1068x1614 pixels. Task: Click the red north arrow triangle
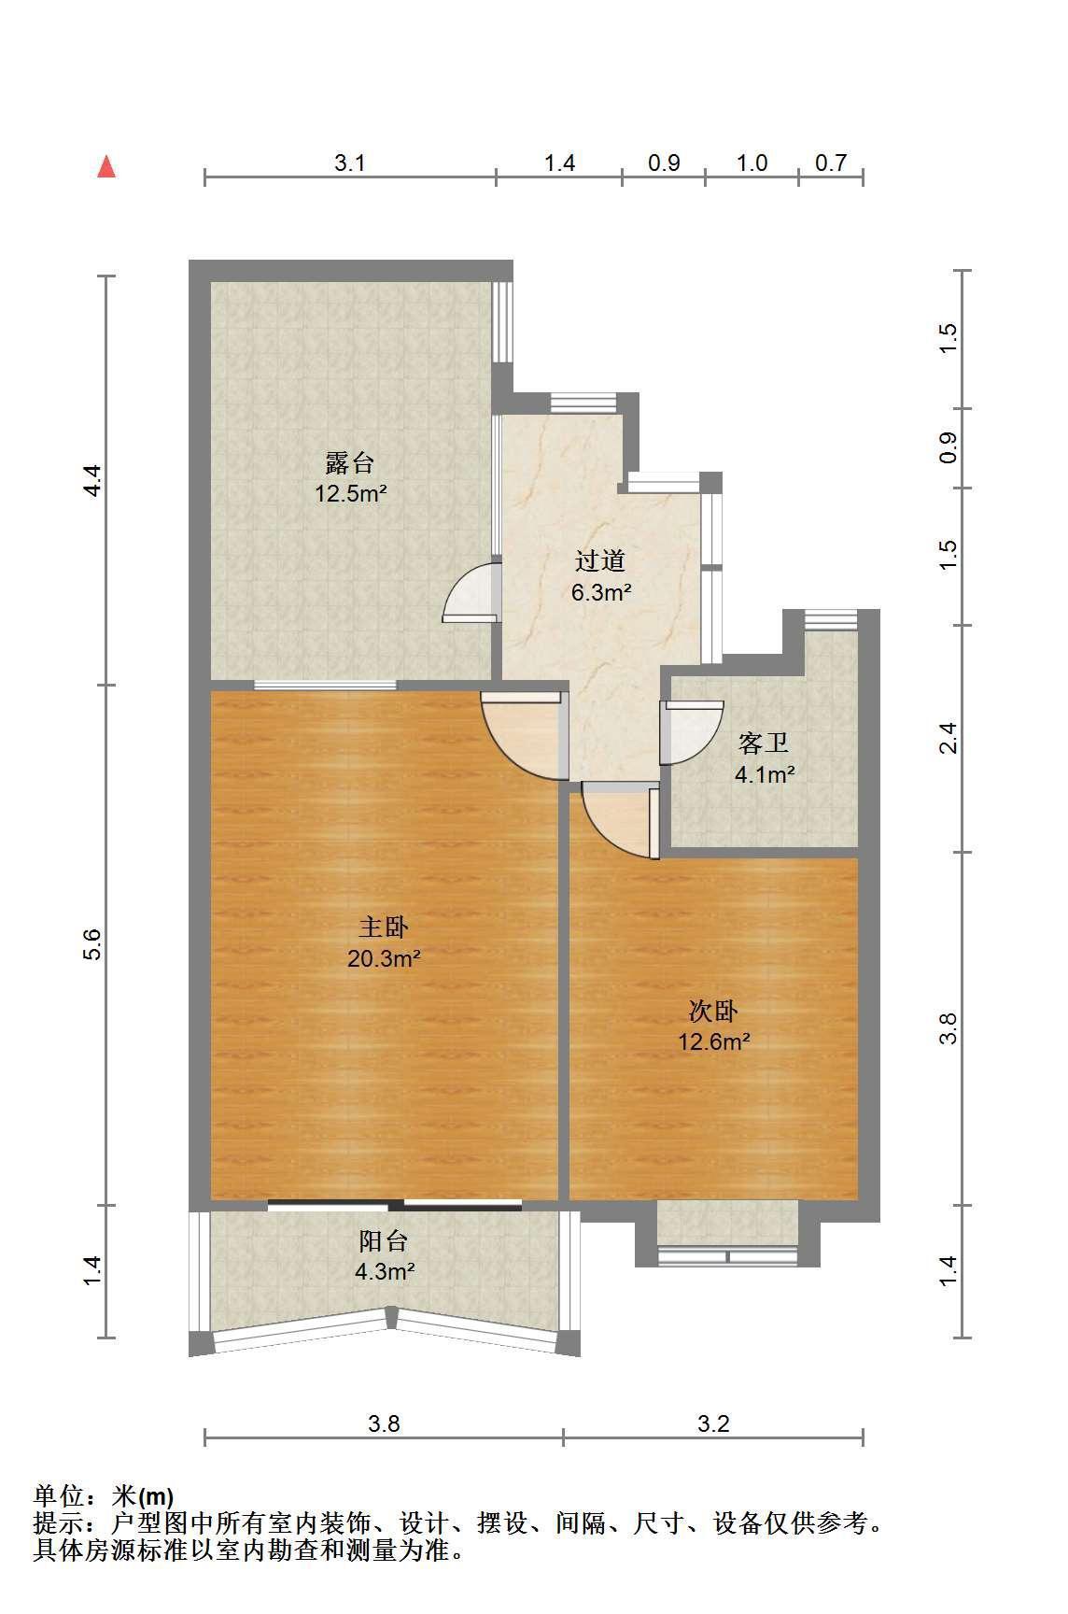click(x=107, y=167)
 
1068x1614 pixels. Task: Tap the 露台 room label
click(x=350, y=462)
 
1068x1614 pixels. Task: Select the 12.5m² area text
click(x=350, y=493)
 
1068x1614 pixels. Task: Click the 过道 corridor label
click(x=599, y=560)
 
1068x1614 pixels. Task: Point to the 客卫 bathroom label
click(x=764, y=743)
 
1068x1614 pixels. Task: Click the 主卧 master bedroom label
click(x=384, y=927)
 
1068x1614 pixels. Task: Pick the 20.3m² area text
click(x=384, y=958)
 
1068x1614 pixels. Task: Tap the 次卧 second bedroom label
click(x=714, y=1011)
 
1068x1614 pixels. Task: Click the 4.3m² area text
click(x=384, y=1271)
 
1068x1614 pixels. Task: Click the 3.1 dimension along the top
click(x=349, y=163)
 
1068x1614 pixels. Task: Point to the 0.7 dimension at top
click(x=831, y=163)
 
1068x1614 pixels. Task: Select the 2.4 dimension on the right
click(x=949, y=739)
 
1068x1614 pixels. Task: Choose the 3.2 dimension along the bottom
click(x=713, y=1423)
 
